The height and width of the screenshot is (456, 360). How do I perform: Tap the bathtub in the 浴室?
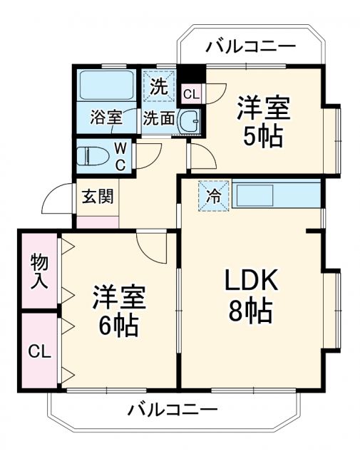(105, 86)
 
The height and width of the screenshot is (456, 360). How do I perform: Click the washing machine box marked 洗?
(160, 87)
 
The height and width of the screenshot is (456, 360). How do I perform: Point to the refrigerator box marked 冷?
(214, 194)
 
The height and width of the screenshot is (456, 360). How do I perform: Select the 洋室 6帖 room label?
(118, 311)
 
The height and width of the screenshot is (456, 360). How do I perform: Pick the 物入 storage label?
(38, 271)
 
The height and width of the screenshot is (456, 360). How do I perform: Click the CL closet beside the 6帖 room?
(38, 351)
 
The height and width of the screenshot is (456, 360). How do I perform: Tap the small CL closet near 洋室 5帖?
(192, 93)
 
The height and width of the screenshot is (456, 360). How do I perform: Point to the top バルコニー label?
(250, 48)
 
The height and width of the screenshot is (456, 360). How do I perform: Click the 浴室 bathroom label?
(106, 118)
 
